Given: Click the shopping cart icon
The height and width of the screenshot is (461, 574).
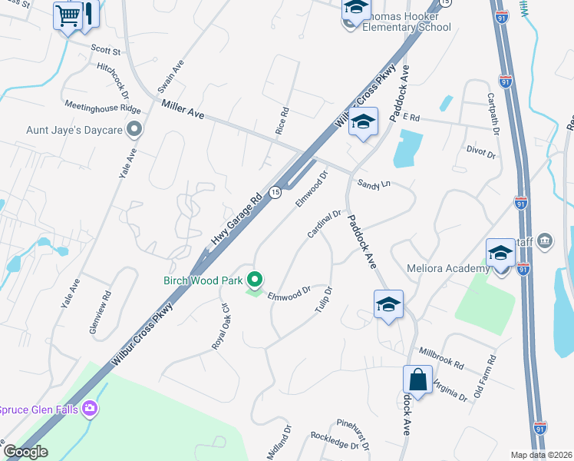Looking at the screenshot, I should point(68,15).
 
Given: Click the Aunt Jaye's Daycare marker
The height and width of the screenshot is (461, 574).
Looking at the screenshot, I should point(135,130).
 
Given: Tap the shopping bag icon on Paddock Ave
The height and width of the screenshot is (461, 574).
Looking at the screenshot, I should point(417,380).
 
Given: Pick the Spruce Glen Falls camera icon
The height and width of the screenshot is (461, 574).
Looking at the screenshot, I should point(91,409).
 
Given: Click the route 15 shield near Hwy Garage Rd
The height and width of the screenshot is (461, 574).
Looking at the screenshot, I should point(275,192).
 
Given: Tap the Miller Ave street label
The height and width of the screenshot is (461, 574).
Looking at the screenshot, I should point(183,109).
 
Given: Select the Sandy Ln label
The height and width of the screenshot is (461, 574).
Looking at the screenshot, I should point(374,184).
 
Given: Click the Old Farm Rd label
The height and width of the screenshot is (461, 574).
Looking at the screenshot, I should point(485,373).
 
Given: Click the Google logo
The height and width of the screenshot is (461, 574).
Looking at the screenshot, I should point(25,452).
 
